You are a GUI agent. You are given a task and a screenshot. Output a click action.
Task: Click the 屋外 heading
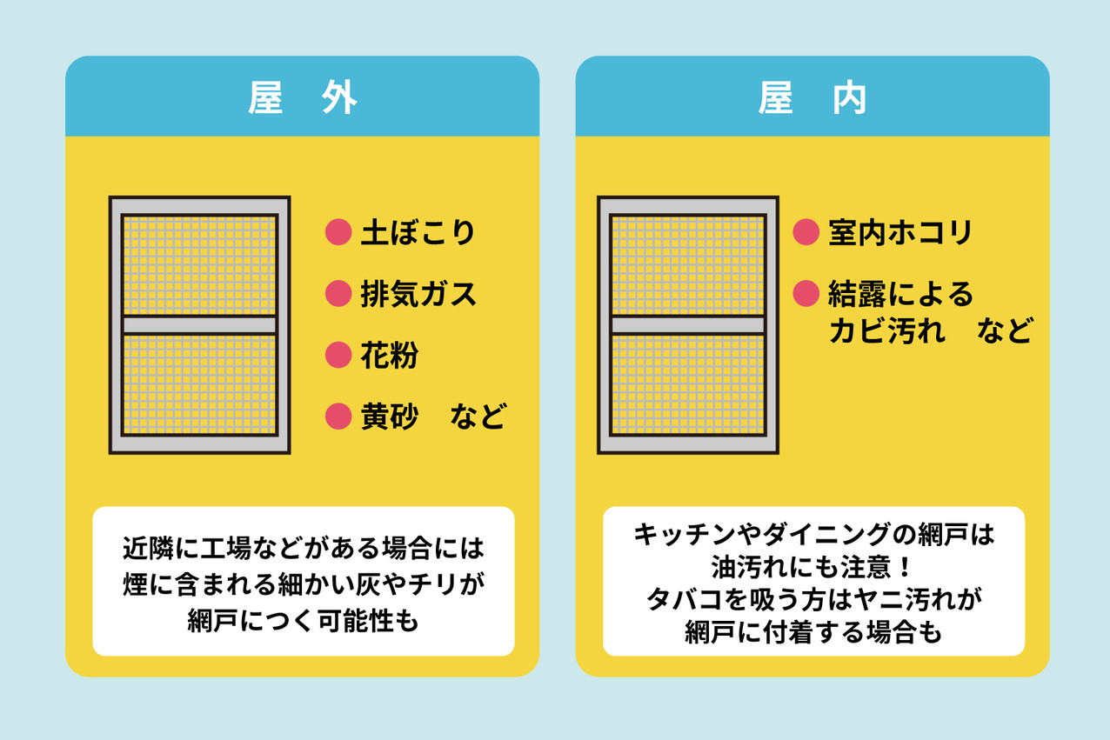pyautogui.click(x=302, y=99)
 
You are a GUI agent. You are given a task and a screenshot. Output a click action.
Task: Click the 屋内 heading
pyautogui.click(x=812, y=99)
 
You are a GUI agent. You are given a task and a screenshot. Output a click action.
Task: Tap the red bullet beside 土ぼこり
pyautogui.click(x=338, y=233)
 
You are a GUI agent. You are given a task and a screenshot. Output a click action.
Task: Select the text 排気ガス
pyautogui.click(x=418, y=294)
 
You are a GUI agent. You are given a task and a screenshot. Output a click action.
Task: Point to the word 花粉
pyautogui.click(x=389, y=356)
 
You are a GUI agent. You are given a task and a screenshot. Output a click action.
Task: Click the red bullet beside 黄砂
pyautogui.click(x=338, y=417)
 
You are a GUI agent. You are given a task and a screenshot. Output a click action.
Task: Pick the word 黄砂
pyautogui.click(x=389, y=417)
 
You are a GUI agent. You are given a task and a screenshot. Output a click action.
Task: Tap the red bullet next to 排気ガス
pyautogui.click(x=338, y=294)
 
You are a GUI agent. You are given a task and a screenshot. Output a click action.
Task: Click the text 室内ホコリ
pyautogui.click(x=899, y=233)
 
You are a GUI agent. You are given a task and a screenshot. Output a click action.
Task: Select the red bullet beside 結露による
pyautogui.click(x=806, y=294)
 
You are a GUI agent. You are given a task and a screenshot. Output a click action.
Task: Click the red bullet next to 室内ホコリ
pyautogui.click(x=806, y=233)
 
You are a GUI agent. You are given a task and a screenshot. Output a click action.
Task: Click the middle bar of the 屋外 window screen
pyautogui.click(x=199, y=325)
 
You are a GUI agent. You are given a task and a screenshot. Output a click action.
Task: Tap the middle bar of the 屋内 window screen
pyautogui.click(x=687, y=325)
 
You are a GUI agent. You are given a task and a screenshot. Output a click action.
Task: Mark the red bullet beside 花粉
pyautogui.click(x=338, y=356)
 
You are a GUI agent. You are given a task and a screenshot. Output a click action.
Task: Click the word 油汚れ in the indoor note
pyautogui.click(x=748, y=567)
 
